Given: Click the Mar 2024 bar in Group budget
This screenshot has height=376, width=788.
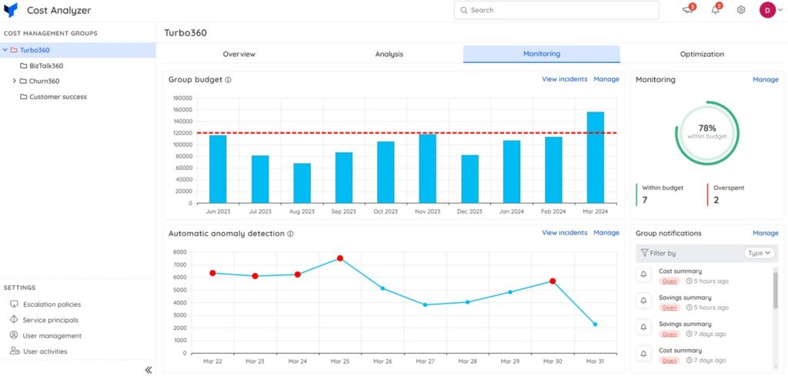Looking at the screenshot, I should coord(595,158).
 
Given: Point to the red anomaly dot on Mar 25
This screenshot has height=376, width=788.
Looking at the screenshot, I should coord(339,258).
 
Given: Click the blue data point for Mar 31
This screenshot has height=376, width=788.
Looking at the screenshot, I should coord(595,324).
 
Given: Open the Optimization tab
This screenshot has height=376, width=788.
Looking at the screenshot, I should coord(702,55).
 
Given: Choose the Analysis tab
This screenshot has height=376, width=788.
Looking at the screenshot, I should coord(389,55).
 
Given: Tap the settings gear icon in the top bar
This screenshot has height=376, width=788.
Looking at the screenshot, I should coord(741,10).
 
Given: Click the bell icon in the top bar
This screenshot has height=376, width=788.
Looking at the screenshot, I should coord(716,10).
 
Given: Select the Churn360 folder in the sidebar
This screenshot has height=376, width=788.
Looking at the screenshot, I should coord(44,81).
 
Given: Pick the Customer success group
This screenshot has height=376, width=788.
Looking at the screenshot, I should coord(58,97).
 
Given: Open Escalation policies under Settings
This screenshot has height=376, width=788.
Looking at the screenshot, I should coord(52,304).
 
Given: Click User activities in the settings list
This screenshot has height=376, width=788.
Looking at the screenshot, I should coord(45,351).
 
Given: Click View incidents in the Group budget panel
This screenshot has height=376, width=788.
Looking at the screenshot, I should coord(564,79).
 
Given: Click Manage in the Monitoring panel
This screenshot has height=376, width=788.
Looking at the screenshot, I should coord(765,79).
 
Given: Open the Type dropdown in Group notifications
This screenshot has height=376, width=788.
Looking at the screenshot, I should coord(760,253).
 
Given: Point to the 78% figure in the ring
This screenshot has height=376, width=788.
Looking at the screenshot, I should coord(707,128).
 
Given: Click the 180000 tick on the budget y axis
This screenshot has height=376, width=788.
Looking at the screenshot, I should coord(182,98).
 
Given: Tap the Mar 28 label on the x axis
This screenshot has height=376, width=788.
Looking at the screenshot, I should coord(467,361).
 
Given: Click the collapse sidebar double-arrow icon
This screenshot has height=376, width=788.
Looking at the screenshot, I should coord(149,370).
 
